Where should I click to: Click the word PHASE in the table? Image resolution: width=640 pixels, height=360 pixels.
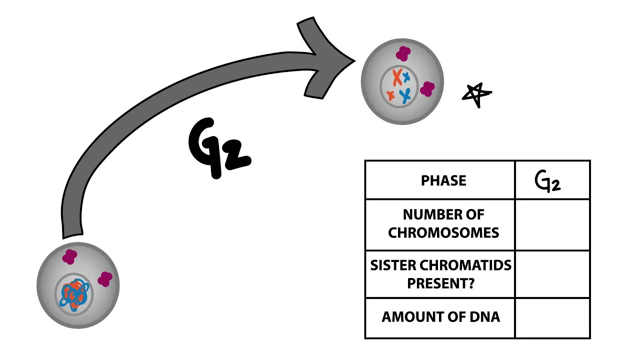(443, 180)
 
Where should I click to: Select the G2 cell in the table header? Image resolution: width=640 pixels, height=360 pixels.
(552, 180)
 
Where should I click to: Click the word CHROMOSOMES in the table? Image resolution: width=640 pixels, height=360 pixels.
(443, 233)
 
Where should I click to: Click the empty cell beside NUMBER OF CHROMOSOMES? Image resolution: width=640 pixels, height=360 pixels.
(552, 225)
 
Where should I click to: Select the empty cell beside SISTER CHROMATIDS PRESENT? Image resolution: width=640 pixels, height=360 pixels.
(552, 274)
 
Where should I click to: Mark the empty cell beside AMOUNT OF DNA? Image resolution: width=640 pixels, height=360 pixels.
(552, 318)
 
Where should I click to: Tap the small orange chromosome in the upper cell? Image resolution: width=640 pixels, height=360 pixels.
(390, 94)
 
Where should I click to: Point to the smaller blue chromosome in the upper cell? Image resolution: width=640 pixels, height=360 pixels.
(407, 76)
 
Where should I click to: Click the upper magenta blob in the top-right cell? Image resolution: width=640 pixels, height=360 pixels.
(403, 53)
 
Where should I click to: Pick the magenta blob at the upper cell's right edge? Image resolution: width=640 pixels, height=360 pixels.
(427, 89)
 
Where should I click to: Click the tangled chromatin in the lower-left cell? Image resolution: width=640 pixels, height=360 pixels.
(74, 293)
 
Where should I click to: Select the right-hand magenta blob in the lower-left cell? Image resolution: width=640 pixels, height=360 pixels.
(105, 279)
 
